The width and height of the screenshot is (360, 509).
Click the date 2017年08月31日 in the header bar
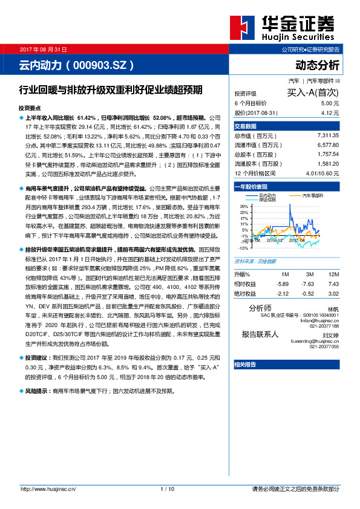pos(44,49)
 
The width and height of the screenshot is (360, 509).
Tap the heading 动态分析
pos(318,65)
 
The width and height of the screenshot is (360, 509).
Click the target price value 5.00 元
pos(326,103)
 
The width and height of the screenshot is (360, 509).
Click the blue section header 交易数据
pos(246,126)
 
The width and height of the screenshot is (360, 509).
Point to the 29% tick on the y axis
pos(243,207)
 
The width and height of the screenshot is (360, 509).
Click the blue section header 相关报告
pos(245,364)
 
